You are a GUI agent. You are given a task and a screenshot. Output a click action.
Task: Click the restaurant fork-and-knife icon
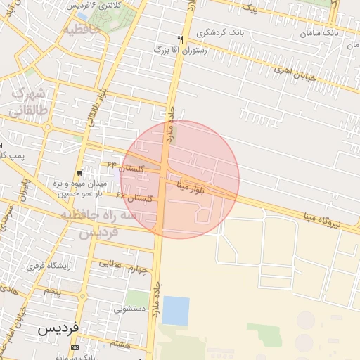coord(180,39)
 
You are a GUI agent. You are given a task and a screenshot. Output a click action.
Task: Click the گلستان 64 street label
coord(126,167)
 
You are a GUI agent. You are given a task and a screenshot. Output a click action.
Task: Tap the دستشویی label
coord(130,308)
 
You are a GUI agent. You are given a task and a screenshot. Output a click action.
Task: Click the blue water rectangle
coord(176,311)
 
